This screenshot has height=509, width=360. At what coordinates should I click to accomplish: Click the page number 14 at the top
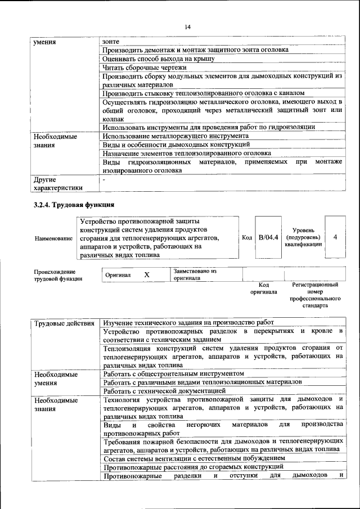(188, 26)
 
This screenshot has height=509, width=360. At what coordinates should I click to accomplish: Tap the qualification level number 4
(335, 237)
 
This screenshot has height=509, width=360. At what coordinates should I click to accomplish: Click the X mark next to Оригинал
(147, 275)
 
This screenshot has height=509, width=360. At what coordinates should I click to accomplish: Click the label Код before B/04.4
(246, 238)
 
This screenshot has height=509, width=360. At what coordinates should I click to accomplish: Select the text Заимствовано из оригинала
(195, 274)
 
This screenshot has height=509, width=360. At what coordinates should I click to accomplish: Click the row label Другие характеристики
(58, 183)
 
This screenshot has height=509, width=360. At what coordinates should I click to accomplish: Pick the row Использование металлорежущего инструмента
(175, 136)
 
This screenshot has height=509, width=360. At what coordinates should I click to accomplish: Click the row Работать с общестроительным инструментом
(174, 373)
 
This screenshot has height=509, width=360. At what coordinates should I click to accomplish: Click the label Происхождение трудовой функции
(58, 275)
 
